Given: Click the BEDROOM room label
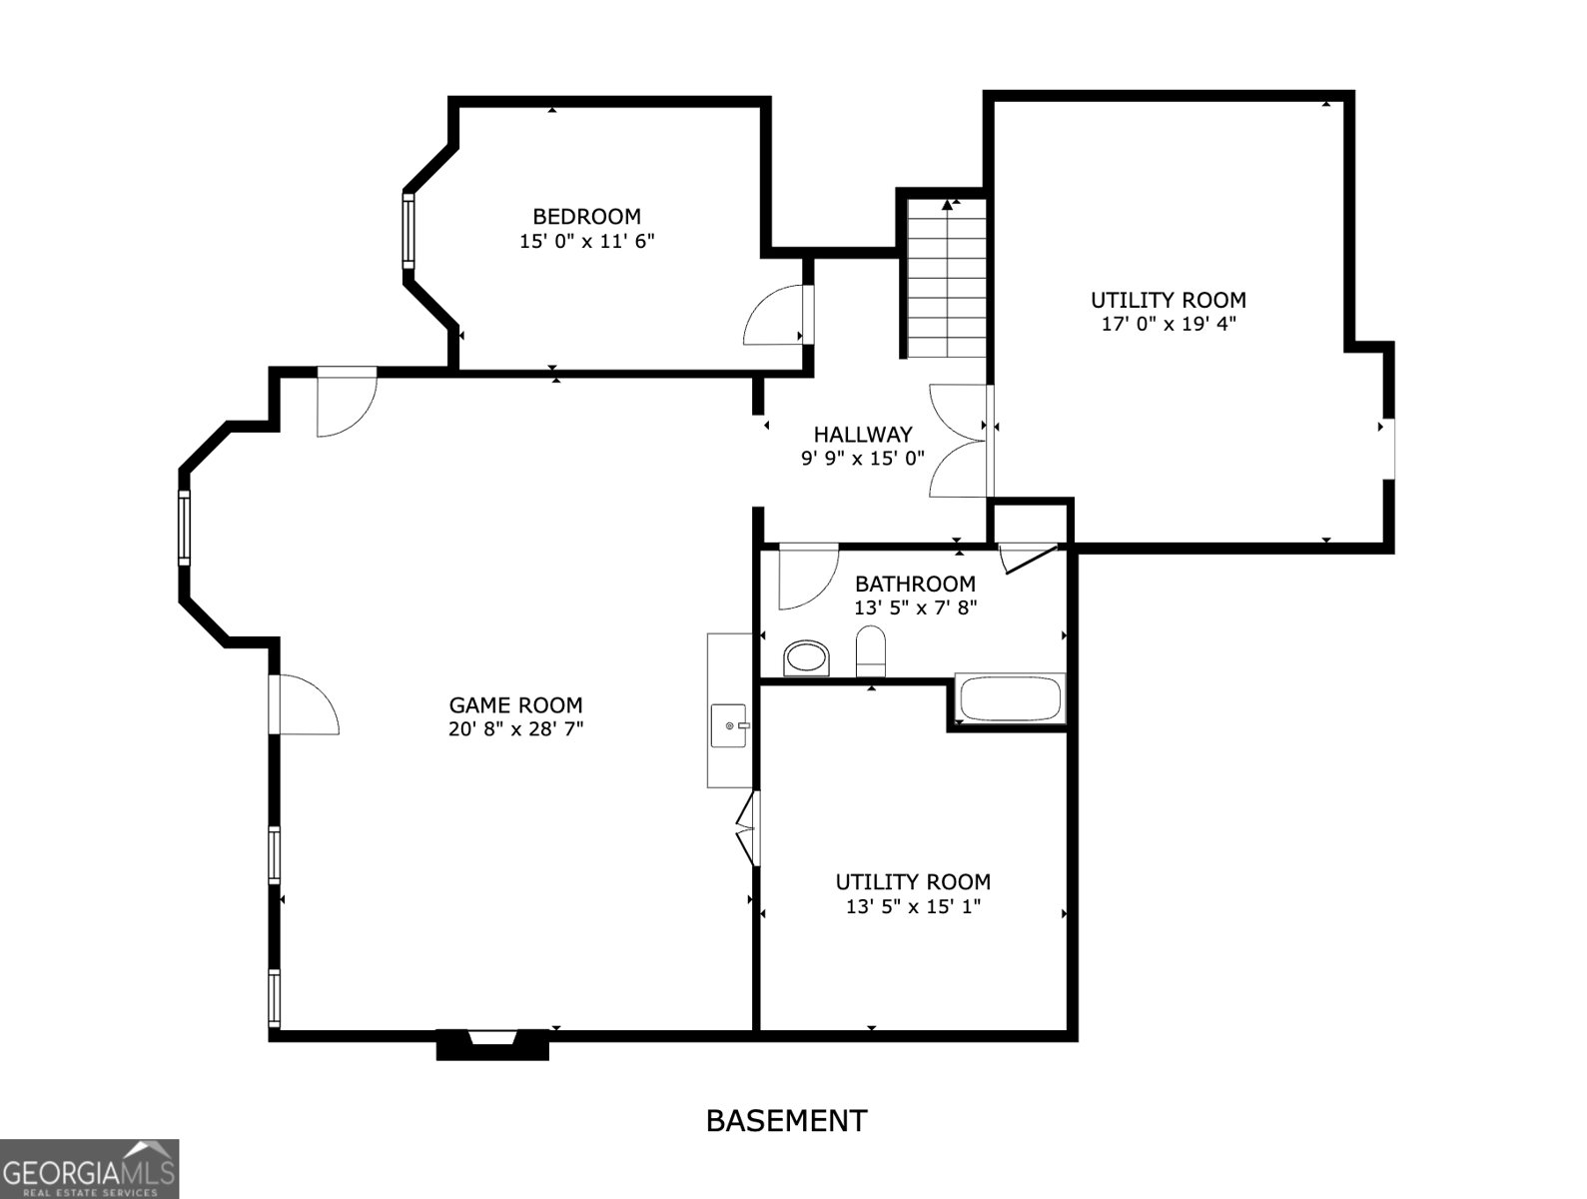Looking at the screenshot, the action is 586,216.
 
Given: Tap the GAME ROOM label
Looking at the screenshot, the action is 515,705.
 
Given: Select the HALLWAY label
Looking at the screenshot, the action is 863,435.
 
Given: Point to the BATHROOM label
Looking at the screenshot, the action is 915,584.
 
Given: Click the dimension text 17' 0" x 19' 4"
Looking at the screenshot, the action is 1169,324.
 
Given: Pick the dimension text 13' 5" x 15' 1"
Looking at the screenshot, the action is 913,906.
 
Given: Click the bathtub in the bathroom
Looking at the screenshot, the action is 1010,698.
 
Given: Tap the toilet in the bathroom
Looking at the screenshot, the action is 871,650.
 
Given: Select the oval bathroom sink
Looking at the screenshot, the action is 806,657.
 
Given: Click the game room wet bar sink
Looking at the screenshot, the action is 730,725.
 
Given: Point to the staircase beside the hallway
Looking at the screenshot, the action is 947,278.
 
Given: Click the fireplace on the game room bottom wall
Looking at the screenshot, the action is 492,1046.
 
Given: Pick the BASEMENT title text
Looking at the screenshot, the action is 786,1122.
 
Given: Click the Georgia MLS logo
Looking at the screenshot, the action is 89,1169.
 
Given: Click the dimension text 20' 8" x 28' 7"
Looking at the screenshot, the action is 515,729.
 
